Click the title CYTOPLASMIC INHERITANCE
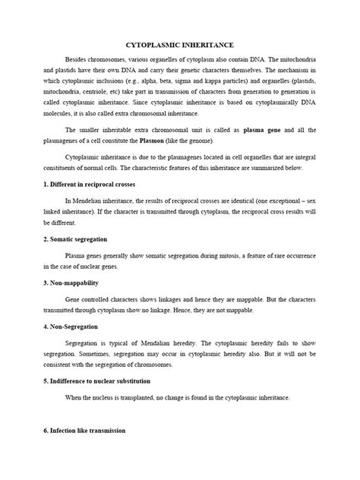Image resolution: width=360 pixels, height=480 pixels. [x=180, y=46]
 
